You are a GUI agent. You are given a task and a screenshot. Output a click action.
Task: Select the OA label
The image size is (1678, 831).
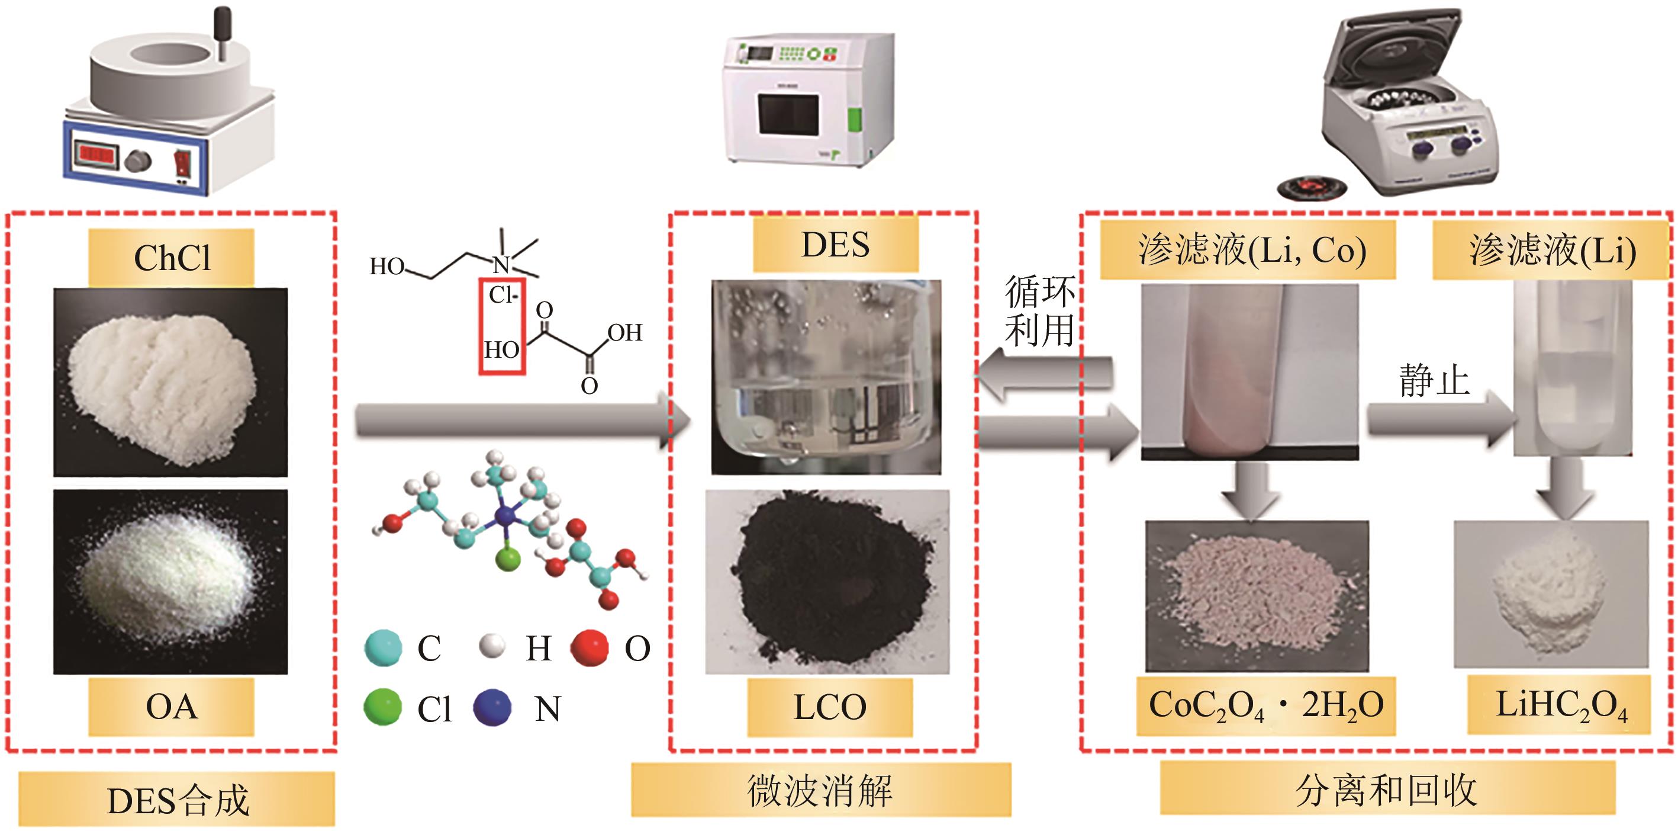[x=171, y=707]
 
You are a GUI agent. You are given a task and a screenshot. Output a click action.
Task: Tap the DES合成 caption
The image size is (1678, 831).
[x=177, y=800]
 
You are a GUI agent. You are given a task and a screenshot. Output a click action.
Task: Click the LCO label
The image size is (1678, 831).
[x=829, y=707]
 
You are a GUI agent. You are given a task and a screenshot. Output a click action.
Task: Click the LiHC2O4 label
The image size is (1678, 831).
[x=1561, y=706]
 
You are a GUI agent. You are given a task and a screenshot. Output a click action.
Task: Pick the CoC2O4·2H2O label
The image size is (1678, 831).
[x=1265, y=706]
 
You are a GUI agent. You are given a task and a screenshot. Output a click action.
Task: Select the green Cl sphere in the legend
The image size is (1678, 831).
[x=382, y=707]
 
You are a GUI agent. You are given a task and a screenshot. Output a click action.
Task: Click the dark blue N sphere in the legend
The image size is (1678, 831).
[x=492, y=707]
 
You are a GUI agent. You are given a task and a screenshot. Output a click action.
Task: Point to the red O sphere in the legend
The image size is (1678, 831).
[x=590, y=647]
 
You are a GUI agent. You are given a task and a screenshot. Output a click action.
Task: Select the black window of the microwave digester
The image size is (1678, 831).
[x=788, y=115]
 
